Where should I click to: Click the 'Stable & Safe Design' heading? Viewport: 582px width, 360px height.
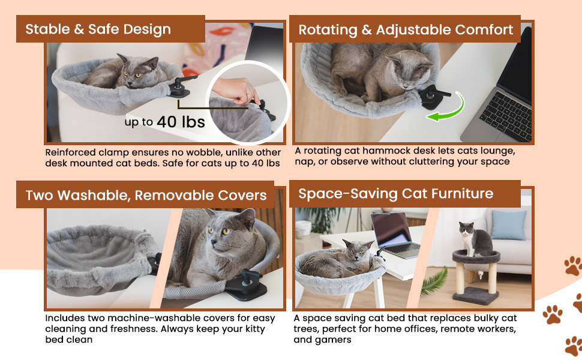tap(98, 29)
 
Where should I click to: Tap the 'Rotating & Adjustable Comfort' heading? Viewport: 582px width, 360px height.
tap(406, 30)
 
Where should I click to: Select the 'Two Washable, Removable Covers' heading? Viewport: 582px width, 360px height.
tap(146, 196)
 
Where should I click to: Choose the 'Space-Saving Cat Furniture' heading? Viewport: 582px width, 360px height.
tap(396, 194)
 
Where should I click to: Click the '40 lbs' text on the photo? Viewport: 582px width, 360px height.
tap(181, 122)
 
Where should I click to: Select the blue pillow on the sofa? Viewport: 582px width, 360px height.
tap(508, 224)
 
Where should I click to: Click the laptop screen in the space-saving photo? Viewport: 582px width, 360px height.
tap(391, 230)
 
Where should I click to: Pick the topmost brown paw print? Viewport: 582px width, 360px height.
tap(572, 265)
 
